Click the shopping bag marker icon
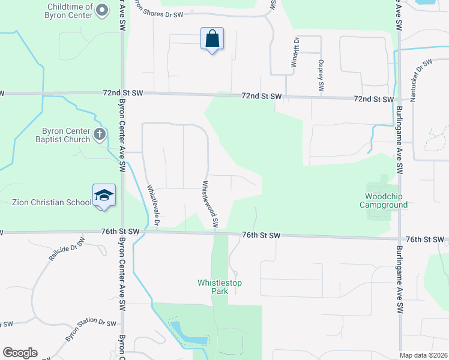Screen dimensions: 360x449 (212, 39)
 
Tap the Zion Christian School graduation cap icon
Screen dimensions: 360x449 (104, 195)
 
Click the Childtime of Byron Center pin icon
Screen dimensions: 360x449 (102, 9)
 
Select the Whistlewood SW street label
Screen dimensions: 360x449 (209, 205)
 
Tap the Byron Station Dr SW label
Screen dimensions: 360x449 (90, 329)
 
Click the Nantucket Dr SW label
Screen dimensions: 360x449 (421, 80)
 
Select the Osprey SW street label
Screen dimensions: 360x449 (321, 76)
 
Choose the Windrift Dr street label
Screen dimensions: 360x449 (295, 55)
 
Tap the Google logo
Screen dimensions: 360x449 (20, 353)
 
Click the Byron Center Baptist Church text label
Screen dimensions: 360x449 (66, 135)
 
